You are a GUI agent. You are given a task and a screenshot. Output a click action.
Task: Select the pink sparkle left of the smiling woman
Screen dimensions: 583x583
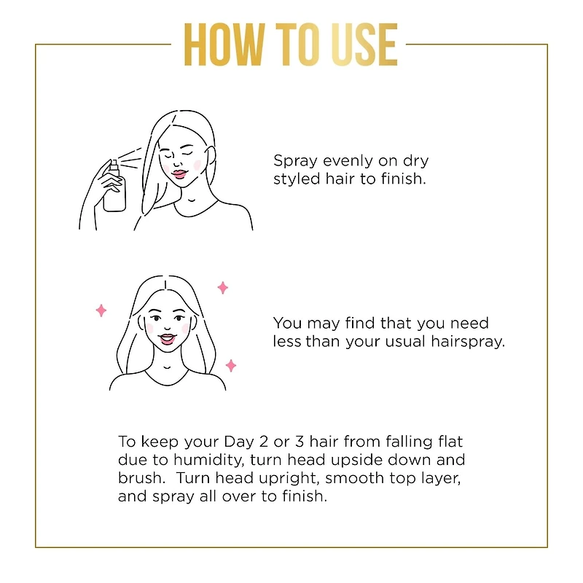(x=101, y=310)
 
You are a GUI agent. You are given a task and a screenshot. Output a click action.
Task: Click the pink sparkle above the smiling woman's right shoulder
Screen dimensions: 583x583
(x=223, y=287)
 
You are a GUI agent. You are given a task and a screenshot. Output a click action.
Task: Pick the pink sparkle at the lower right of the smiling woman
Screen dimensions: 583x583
(x=231, y=365)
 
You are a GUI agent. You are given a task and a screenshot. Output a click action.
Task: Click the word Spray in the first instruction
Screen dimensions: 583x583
(x=294, y=161)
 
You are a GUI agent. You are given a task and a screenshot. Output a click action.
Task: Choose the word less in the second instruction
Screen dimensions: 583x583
(x=286, y=341)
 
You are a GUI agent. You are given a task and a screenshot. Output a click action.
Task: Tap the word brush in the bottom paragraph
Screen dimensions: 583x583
(x=138, y=479)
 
